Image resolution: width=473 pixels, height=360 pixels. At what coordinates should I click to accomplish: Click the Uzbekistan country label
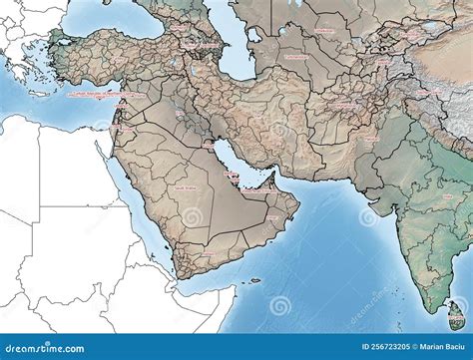pos(324,31)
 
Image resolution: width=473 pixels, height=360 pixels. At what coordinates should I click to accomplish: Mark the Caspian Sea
pos(233,45)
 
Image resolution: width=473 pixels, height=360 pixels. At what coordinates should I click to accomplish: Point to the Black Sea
pos(110,18)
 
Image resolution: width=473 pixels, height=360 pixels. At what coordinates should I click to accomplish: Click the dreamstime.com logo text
pos(40,346)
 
